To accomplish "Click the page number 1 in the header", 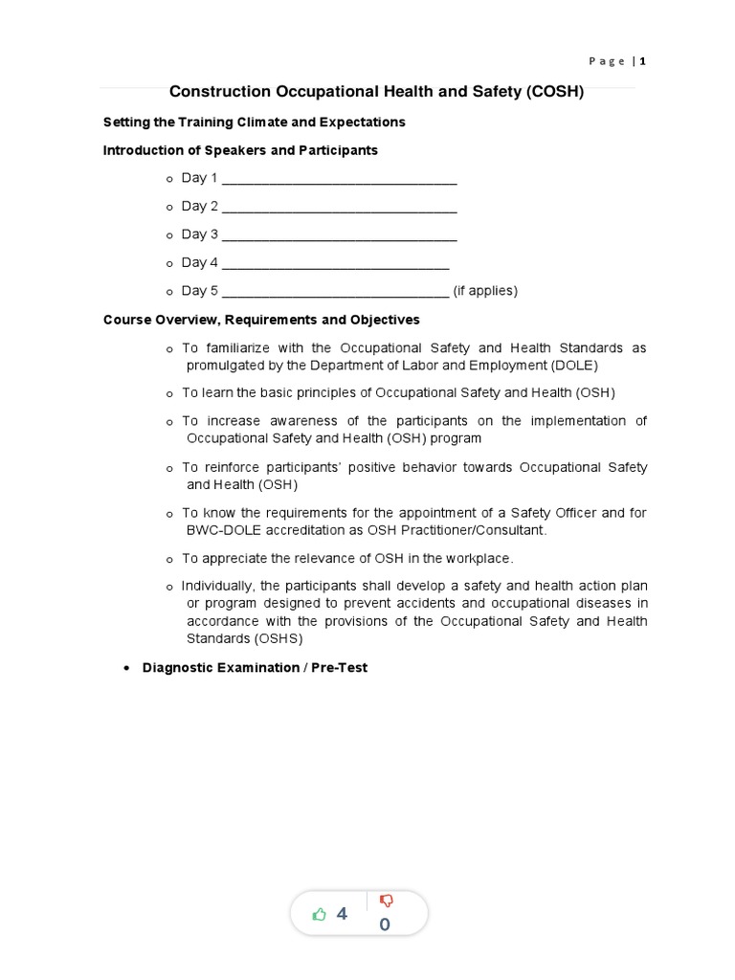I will click(643, 61).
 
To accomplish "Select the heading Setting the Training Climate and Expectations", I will click(254, 122).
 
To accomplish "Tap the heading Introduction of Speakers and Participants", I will click(240, 150).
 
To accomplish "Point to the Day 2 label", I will click(200, 206).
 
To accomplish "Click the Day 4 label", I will click(200, 262).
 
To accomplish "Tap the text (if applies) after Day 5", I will click(485, 291).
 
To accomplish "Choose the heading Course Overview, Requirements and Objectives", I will click(261, 320).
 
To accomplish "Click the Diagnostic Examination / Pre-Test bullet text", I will click(255, 667).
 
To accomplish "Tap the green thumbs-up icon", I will click(320, 915).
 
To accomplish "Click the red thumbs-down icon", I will click(387, 902).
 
